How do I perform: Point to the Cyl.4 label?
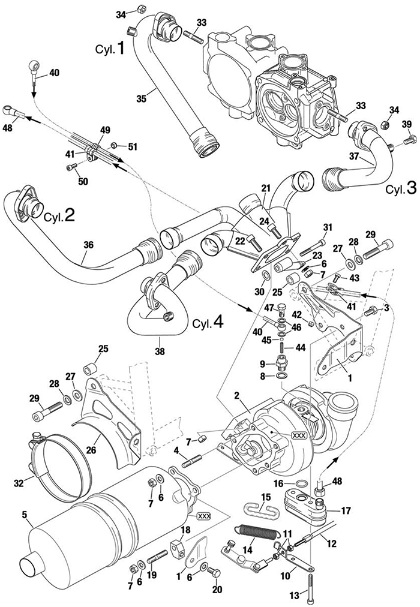tap(209, 322)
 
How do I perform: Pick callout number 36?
tap(88, 245)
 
